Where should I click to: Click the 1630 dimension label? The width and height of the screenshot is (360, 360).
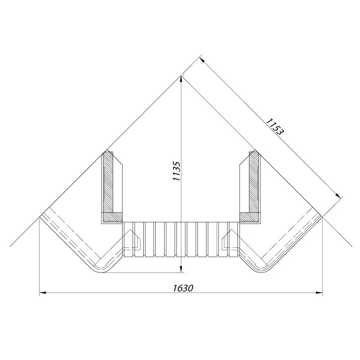click(183, 288)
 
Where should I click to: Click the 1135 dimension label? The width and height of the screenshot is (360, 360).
click(176, 171)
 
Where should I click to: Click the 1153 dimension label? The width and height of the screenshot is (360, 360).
click(275, 126)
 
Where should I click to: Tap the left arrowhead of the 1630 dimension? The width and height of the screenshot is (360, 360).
click(43, 293)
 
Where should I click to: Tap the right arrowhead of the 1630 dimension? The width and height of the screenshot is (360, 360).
click(319, 293)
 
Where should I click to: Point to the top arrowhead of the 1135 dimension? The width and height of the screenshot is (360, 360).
click(181, 79)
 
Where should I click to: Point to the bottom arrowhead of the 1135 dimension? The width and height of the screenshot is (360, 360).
click(181, 269)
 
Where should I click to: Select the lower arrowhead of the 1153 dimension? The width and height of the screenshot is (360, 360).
click(338, 195)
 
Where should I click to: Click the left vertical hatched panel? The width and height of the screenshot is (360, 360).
click(108, 182)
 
